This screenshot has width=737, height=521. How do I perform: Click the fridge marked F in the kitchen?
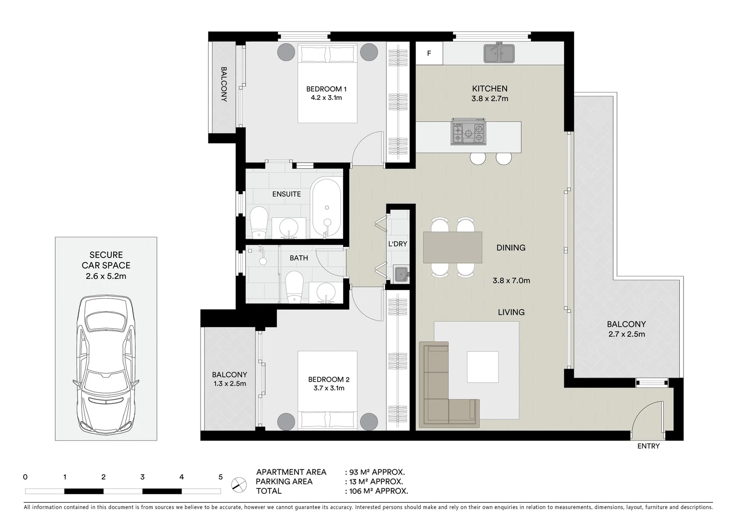tap(429, 54)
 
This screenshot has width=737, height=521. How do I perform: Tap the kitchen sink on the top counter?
tap(499, 53)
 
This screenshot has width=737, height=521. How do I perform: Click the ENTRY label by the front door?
tap(648, 446)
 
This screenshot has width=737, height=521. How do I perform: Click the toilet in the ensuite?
tap(259, 222)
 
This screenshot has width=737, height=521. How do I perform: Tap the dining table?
tap(453, 247)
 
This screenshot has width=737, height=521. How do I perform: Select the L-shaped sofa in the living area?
tap(441, 391)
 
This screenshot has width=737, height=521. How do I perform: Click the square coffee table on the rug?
tap(482, 367)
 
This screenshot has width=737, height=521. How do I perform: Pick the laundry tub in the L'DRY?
tap(401, 274)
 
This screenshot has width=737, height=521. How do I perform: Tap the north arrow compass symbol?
tap(237, 484)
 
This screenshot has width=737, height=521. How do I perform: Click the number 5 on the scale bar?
tap(220, 477)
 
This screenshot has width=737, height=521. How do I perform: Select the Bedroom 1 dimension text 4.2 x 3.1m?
tap(326, 98)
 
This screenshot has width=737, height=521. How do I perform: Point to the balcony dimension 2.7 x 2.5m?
tap(626, 334)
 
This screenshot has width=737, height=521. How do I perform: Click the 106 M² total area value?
tap(376, 491)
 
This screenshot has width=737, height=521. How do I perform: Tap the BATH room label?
tap(299, 258)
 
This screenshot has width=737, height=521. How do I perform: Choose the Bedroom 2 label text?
tap(326, 379)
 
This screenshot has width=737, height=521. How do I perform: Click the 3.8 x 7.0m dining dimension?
tap(511, 280)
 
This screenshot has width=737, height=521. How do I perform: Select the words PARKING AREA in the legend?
tap(284, 481)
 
